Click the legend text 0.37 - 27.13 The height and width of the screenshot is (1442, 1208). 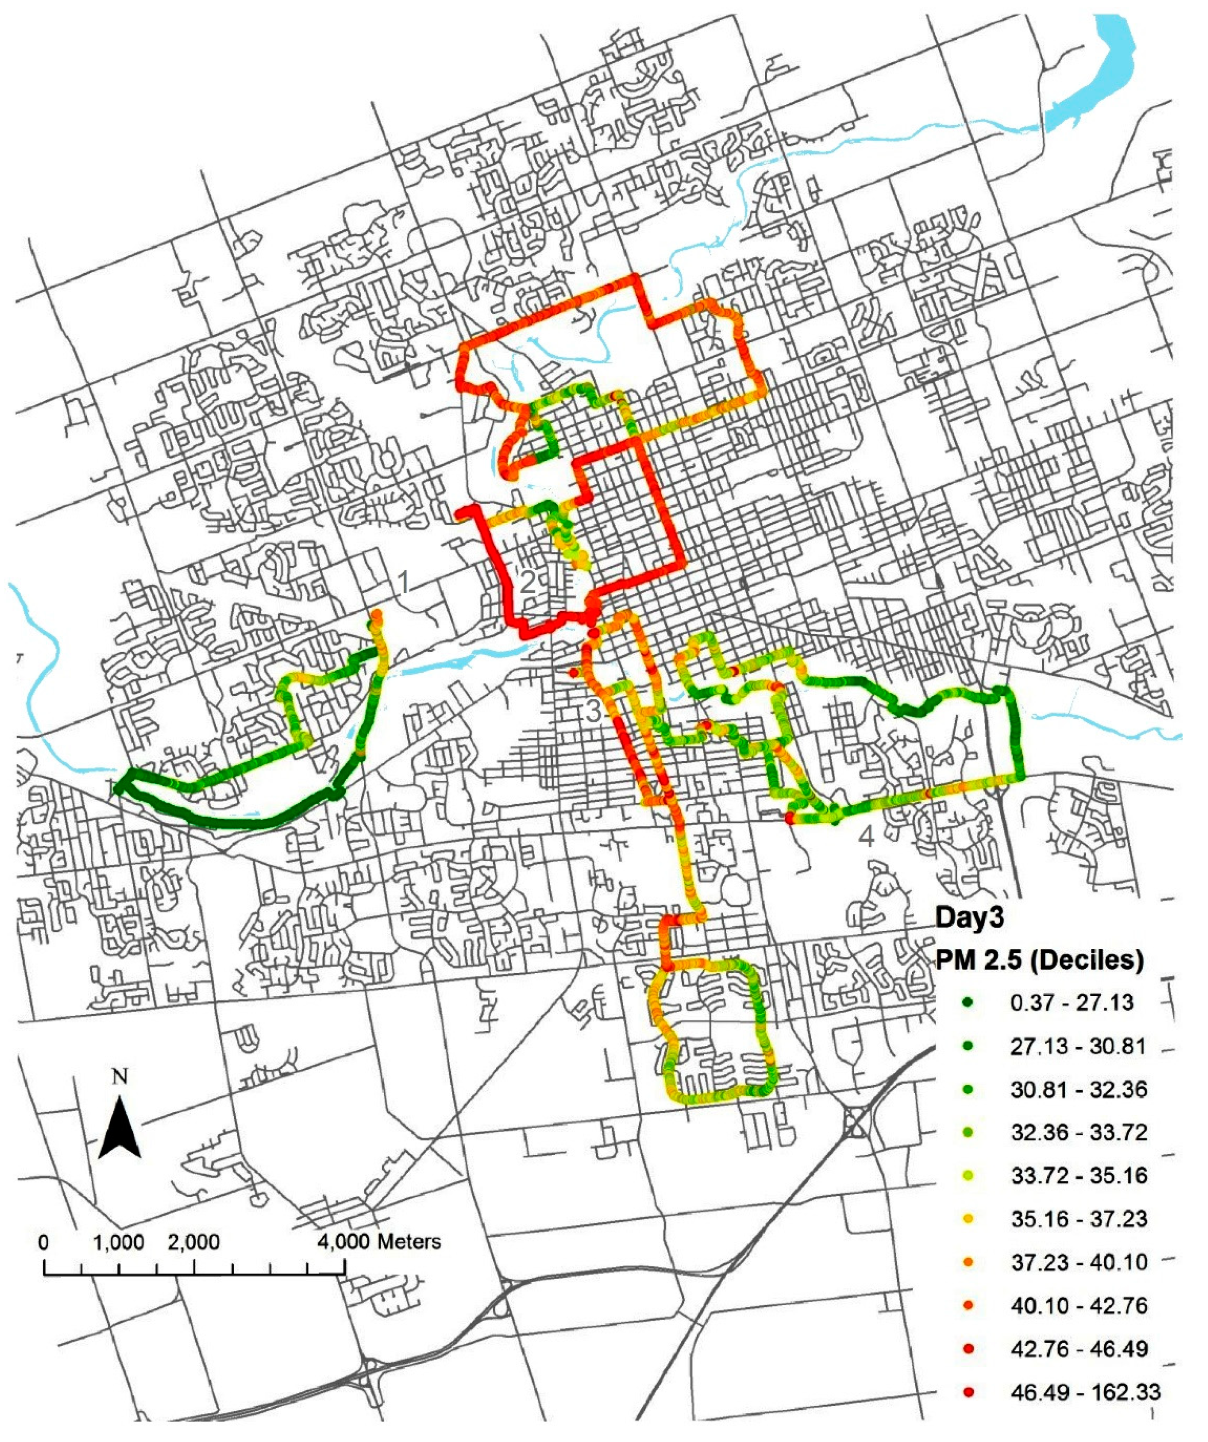pyautogui.click(x=1071, y=1003)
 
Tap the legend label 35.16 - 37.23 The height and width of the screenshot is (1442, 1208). pyautogui.click(x=1078, y=1219)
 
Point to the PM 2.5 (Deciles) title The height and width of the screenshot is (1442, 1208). pyautogui.click(x=1040, y=959)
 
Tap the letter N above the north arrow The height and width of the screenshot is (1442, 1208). pyautogui.click(x=120, y=1077)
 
